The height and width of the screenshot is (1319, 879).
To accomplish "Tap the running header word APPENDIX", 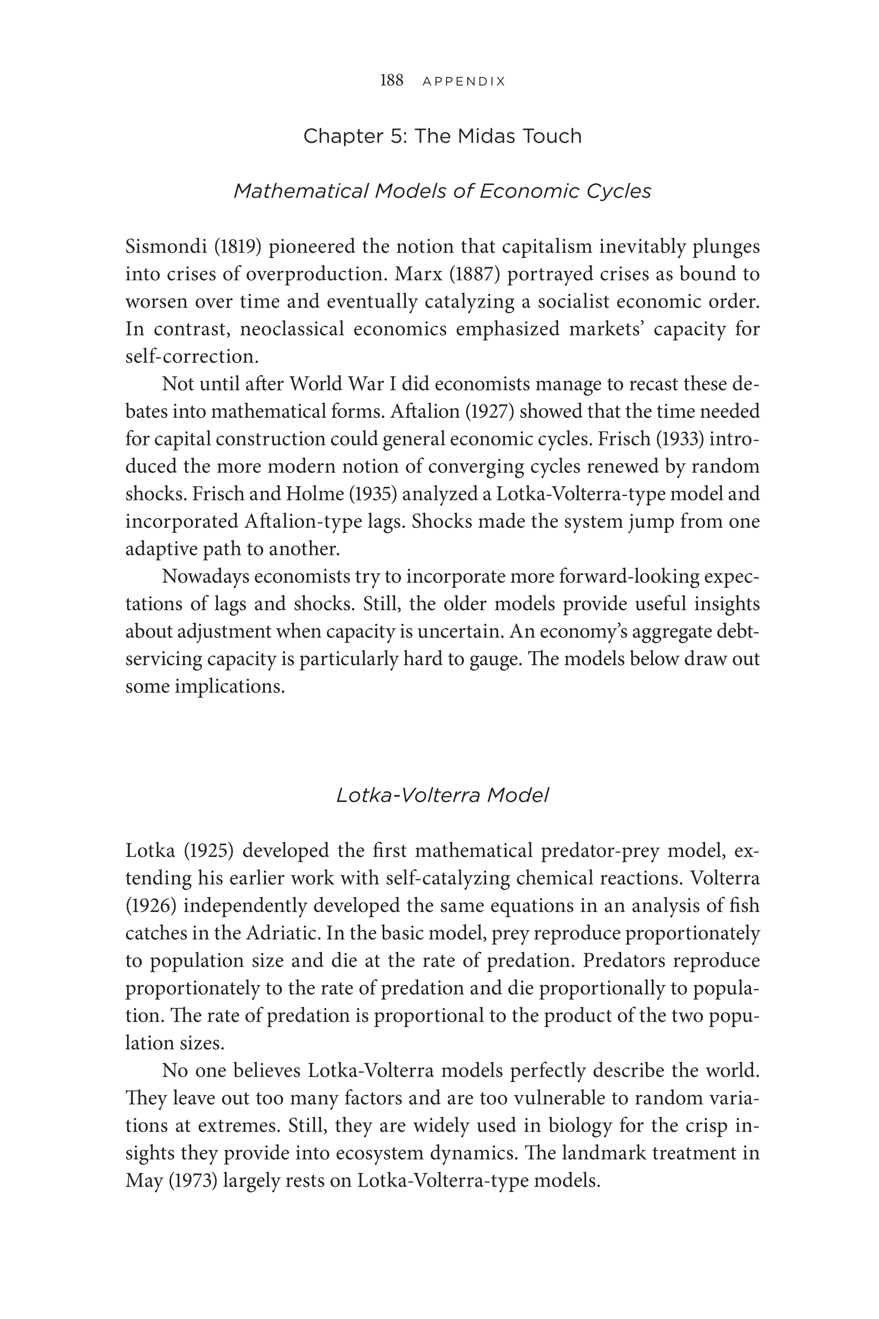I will click(463, 81).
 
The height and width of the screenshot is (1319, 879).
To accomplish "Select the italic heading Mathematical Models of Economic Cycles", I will click(442, 191).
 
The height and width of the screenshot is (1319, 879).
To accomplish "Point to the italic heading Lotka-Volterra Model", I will click(442, 795).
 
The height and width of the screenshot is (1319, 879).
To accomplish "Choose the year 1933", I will click(678, 438).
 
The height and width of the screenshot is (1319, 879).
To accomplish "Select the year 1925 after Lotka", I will click(208, 851).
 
